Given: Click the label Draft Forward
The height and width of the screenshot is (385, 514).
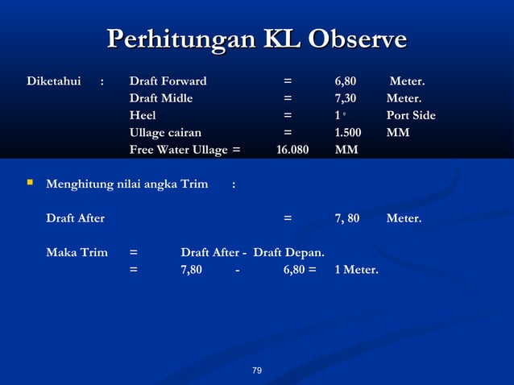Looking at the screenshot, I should (x=168, y=81).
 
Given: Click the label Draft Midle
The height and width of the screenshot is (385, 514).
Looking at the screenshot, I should (x=161, y=98).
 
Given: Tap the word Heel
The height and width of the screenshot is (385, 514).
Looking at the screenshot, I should (x=143, y=115).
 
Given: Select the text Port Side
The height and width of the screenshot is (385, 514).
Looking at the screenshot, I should (x=410, y=115).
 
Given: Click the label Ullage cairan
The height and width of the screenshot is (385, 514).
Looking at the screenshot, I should (x=165, y=132).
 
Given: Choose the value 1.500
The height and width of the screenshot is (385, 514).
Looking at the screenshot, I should (x=348, y=132).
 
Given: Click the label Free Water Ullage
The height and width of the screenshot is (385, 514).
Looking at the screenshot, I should (x=178, y=149).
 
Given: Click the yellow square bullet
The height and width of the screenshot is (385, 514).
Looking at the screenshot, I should (x=30, y=184).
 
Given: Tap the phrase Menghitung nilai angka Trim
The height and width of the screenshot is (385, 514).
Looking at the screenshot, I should (x=126, y=184).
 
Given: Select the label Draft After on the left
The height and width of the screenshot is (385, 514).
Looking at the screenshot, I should (x=75, y=217).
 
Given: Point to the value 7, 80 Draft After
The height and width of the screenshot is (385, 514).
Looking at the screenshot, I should (x=347, y=217).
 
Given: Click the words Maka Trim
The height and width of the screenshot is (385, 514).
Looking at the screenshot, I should (x=77, y=252).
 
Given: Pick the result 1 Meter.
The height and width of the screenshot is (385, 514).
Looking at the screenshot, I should (x=355, y=269).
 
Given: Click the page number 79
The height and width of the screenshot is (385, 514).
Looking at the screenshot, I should (x=257, y=371).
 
